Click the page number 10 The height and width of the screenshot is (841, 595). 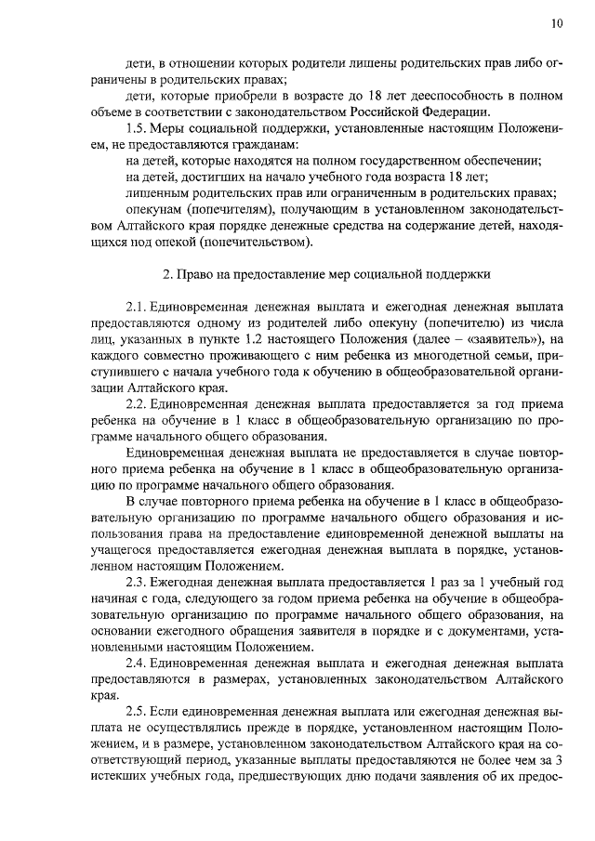[556, 23]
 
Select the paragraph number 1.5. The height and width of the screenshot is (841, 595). [136, 128]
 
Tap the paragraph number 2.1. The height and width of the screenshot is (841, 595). [136, 306]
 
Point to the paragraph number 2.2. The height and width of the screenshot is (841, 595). [136, 405]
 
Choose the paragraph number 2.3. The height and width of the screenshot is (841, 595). [136, 581]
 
